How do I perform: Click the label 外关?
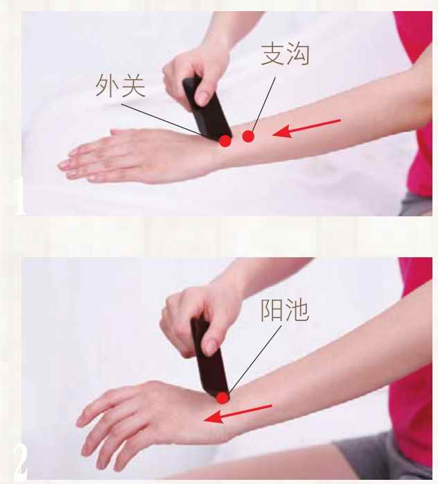pyautogui.click(x=121, y=85)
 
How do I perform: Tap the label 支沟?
pyautogui.click(x=286, y=54)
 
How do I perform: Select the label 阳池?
pyautogui.click(x=285, y=310)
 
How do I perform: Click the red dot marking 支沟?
pyautogui.click(x=248, y=136)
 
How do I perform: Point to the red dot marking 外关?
pyautogui.click(x=225, y=141)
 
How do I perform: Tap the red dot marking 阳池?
pyautogui.click(x=222, y=398)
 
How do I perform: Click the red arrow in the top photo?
pyautogui.click(x=306, y=128)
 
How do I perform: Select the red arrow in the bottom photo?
pyautogui.click(x=238, y=414)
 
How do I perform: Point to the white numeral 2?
pyautogui.click(x=20, y=461)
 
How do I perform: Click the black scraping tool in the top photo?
pyautogui.click(x=206, y=108)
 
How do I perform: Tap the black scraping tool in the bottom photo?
pyautogui.click(x=209, y=358)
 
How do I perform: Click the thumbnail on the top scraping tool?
pyautogui.click(x=202, y=98)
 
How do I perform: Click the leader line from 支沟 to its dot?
pyautogui.click(x=264, y=104)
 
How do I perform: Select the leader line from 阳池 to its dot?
pyautogui.click(x=254, y=359)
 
